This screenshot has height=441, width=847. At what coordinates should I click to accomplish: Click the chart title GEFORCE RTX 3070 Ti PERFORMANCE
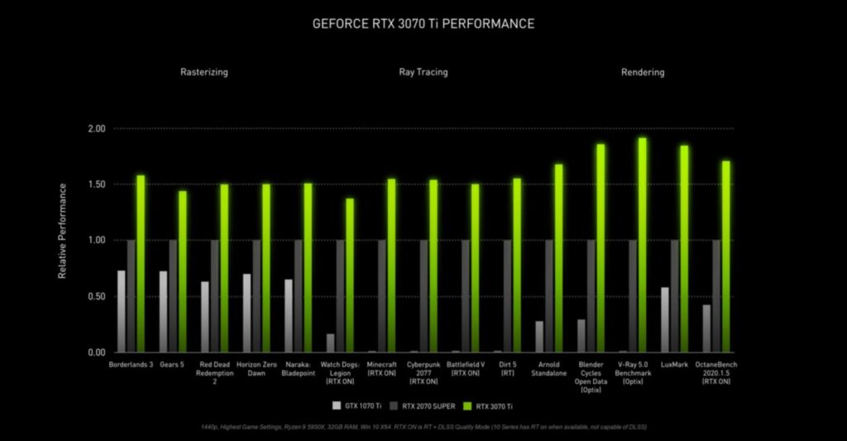tap(423, 23)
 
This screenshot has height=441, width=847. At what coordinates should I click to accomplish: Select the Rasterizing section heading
tap(203, 72)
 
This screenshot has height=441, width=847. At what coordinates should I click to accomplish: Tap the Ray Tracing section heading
tap(423, 72)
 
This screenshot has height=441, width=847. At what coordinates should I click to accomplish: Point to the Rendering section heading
tap(643, 72)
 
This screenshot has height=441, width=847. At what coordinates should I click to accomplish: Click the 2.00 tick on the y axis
tap(96, 129)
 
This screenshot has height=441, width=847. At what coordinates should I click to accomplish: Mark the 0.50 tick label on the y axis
tap(96, 296)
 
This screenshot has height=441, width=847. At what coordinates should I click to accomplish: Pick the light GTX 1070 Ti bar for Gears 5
tap(163, 311)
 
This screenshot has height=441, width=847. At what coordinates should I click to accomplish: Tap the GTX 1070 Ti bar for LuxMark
tap(665, 319)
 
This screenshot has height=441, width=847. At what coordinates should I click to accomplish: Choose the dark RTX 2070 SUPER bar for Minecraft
tap(382, 295)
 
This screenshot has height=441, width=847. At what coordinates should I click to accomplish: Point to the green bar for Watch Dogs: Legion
tap(350, 275)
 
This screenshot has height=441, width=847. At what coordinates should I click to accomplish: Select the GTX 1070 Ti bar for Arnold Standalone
tap(539, 336)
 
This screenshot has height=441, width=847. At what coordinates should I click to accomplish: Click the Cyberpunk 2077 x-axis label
tap(423, 372)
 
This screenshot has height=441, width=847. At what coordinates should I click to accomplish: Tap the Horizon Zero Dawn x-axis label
tap(256, 368)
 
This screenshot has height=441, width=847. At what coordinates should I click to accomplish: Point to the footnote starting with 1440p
tap(423, 426)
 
